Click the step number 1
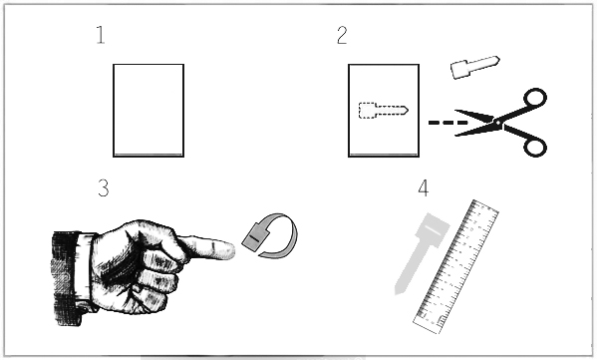click(101, 35)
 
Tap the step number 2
click(342, 35)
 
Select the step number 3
click(104, 187)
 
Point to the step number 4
click(423, 187)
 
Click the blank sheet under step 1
click(149, 111)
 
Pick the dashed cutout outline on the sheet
click(384, 111)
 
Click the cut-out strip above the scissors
click(474, 67)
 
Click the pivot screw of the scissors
click(497, 123)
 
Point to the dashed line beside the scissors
click(448, 123)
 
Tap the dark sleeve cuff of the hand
click(66, 278)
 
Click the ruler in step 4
click(455, 266)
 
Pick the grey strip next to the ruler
click(422, 252)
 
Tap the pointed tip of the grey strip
click(397, 293)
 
